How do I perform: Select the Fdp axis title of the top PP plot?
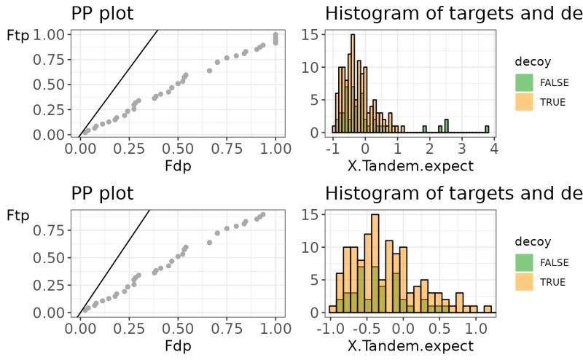178,166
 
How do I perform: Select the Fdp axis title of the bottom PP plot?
178,346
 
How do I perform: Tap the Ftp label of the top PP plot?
17,35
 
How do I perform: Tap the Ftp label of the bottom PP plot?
17,215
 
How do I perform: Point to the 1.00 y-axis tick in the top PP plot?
47,34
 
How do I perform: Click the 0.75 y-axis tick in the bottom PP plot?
47,230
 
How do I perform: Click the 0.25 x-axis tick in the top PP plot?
129,149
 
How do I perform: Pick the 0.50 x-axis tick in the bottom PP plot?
178,329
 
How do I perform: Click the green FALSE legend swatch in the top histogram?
524,82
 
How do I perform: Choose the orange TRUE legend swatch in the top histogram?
524,102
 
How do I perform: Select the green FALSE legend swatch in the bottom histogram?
524,262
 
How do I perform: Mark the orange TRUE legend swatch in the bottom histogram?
524,282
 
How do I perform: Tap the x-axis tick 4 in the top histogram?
493,149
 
